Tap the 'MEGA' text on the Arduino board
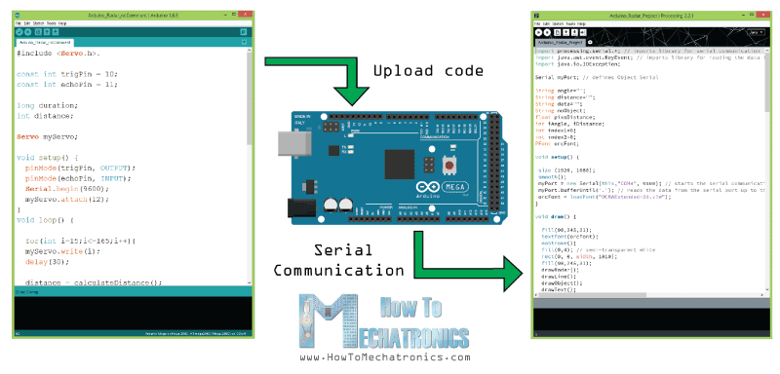(x=455, y=187)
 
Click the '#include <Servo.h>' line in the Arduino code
(x=58, y=53)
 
